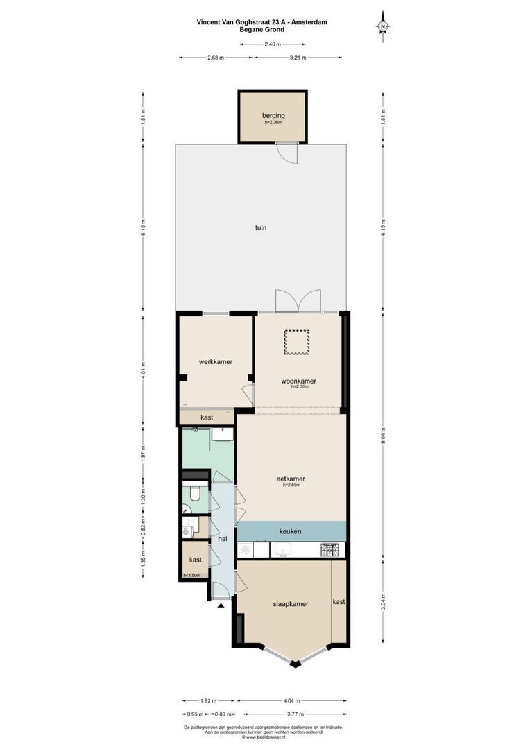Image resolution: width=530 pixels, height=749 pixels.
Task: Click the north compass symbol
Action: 382,25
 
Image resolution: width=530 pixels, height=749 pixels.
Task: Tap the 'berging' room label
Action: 273,116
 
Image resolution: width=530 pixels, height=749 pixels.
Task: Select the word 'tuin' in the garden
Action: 260,227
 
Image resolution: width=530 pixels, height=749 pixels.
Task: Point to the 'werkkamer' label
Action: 215,362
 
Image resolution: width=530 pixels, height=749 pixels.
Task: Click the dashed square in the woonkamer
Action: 296,342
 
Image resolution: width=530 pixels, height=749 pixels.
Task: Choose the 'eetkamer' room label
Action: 291,479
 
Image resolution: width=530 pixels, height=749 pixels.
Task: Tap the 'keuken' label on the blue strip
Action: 290,531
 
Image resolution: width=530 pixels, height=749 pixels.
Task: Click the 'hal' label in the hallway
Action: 223,538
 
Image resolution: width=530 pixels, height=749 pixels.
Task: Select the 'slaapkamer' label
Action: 285,604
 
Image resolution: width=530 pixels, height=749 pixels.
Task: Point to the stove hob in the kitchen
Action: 330,550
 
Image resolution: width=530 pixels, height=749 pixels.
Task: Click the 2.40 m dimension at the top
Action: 273,44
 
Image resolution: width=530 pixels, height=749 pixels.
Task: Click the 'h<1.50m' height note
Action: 191,576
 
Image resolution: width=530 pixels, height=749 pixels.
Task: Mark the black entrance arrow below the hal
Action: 221,605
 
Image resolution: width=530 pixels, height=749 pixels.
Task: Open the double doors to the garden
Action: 298,301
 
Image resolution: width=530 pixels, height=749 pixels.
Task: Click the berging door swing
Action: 287,153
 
